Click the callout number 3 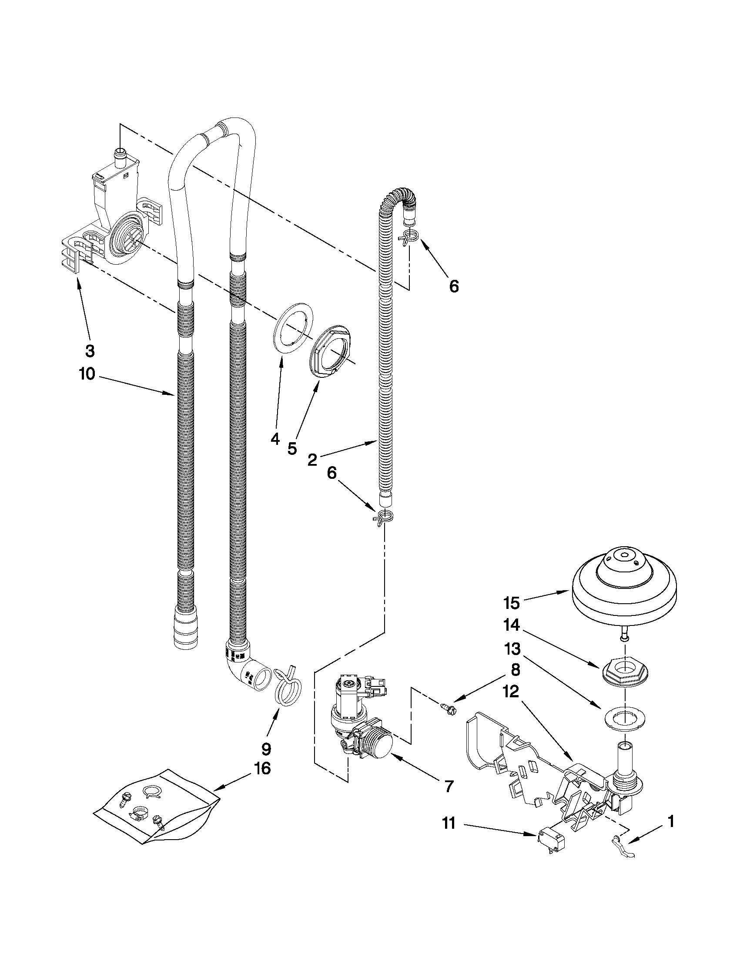pyautogui.click(x=90, y=350)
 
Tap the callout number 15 pyautogui.click(x=511, y=603)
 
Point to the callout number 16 pyautogui.click(x=262, y=768)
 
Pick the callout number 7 pyautogui.click(x=448, y=787)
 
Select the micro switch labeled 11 pyautogui.click(x=551, y=841)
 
